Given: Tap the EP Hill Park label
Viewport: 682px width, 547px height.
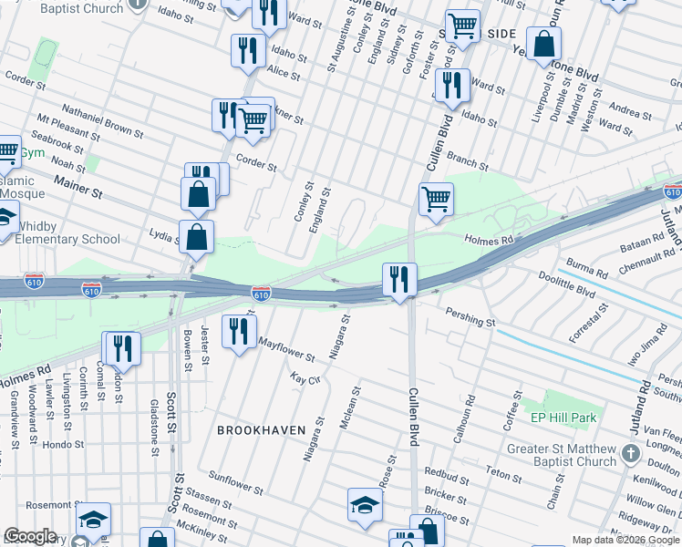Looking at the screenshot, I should coord(563,418).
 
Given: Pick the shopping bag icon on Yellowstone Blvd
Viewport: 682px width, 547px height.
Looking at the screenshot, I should coord(543,43).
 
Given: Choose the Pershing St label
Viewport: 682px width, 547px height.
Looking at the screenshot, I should coord(470,318).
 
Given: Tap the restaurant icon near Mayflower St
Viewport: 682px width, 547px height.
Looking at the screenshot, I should coord(240,331).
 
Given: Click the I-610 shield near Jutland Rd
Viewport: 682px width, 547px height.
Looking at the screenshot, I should coord(672,191).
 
